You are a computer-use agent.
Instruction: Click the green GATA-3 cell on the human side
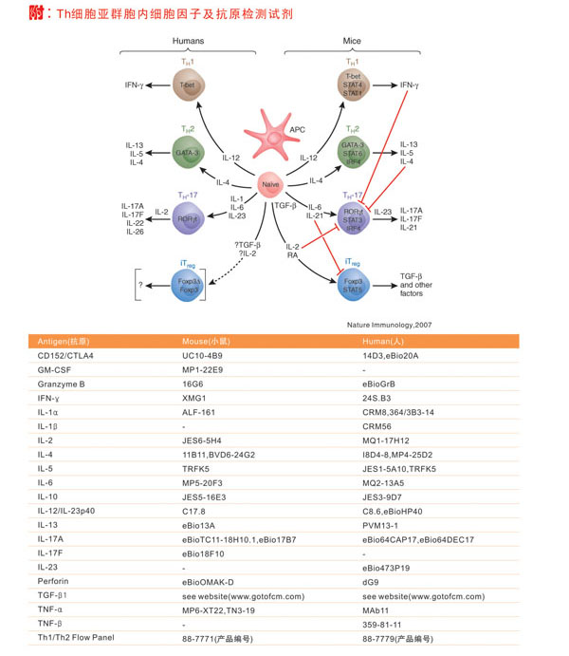[x=189, y=151]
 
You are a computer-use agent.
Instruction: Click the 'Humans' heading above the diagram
[x=188, y=41]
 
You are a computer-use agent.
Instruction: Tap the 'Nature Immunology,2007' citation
[x=389, y=324]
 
